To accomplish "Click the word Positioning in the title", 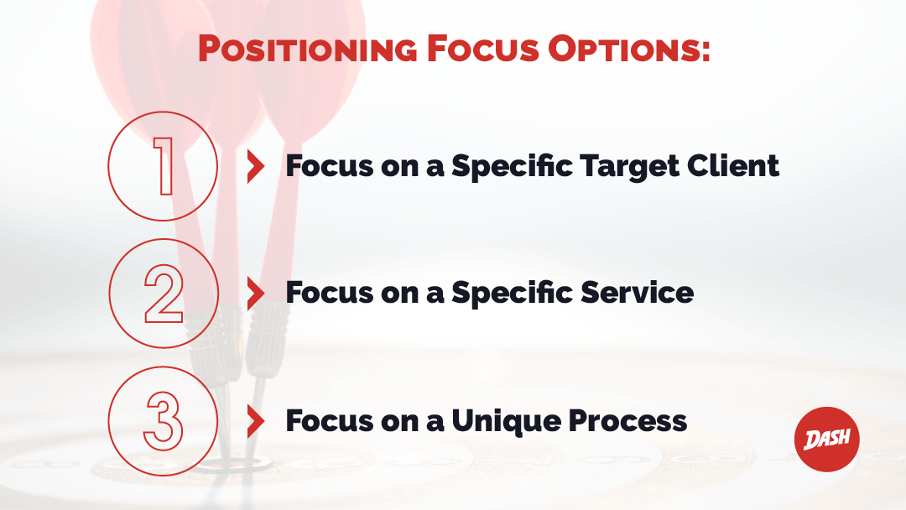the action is (307, 49).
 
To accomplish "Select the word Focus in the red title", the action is (483, 49).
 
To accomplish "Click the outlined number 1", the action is (164, 166).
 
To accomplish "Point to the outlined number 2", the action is (164, 294).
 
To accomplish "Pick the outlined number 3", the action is (164, 421).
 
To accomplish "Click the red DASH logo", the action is (827, 439).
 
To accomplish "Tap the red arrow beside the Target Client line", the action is (255, 166).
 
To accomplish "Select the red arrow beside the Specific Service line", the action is (255, 293).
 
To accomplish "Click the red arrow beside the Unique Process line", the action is (255, 420).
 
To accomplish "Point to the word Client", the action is (732, 166).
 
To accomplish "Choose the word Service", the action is (637, 292).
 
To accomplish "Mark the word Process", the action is (627, 420).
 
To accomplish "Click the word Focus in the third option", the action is (330, 420).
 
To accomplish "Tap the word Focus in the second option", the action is (330, 292).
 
